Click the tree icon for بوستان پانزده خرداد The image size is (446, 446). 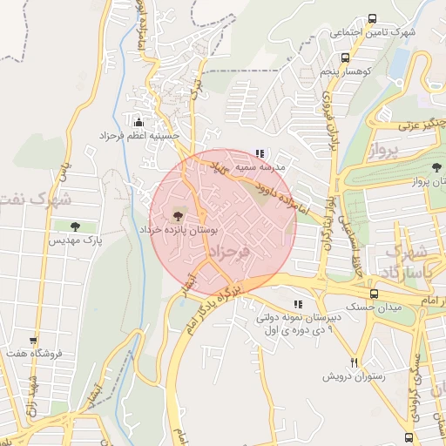[178, 213]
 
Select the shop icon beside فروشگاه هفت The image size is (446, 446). [34, 341]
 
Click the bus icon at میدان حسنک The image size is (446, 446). [373, 294]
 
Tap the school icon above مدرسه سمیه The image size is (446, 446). [260, 152]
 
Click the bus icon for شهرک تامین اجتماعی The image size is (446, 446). [373, 18]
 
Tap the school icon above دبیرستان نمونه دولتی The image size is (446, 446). [298, 305]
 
